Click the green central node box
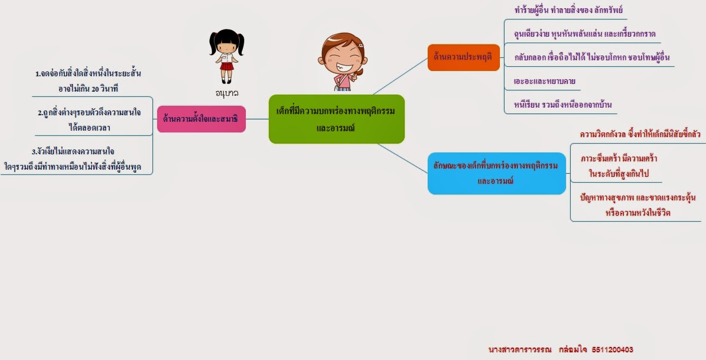pos(336,119)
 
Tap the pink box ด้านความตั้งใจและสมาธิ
pos(201,119)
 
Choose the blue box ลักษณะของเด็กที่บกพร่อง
pos(496,173)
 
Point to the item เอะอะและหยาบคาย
pos(544,80)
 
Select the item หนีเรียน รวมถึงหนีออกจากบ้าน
pos(562,105)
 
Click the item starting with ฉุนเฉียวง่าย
pos(585,34)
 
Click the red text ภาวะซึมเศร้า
pos(619,159)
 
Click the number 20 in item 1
pos(96,88)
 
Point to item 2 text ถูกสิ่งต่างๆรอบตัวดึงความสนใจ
pos(89,112)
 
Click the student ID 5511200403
pos(611,349)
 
